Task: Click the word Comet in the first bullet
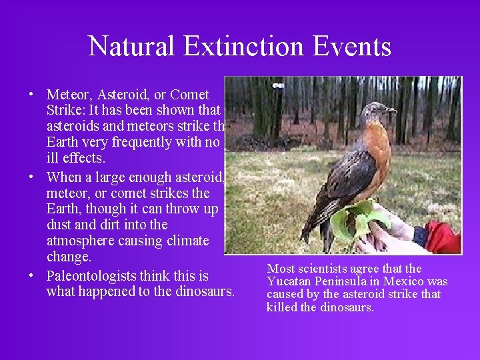(x=190, y=95)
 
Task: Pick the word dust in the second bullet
(x=58, y=225)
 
